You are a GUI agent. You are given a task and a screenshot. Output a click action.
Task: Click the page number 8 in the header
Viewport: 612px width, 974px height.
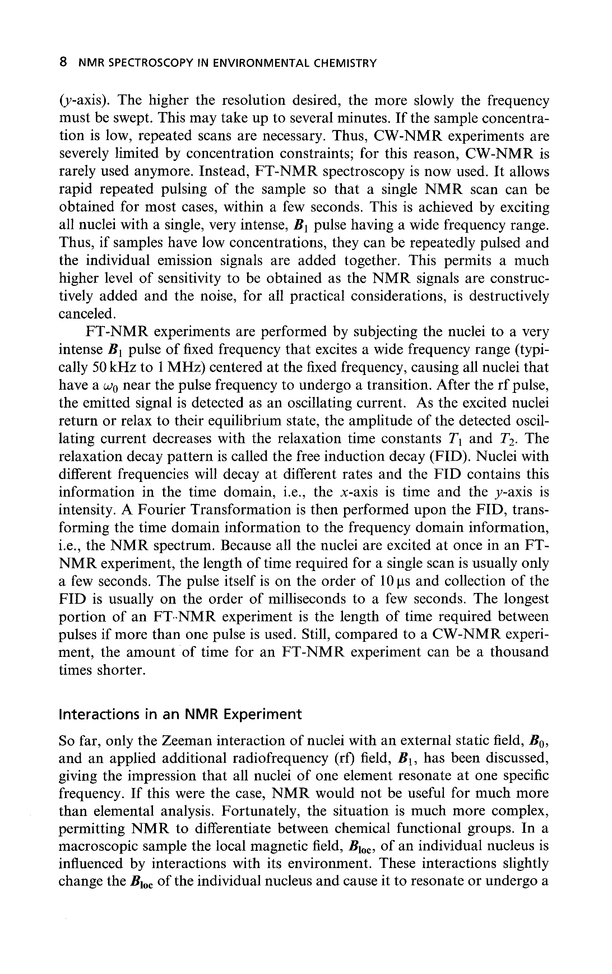pyautogui.click(x=63, y=63)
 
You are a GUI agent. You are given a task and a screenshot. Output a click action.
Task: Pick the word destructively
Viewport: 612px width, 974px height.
pyautogui.click(x=509, y=296)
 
